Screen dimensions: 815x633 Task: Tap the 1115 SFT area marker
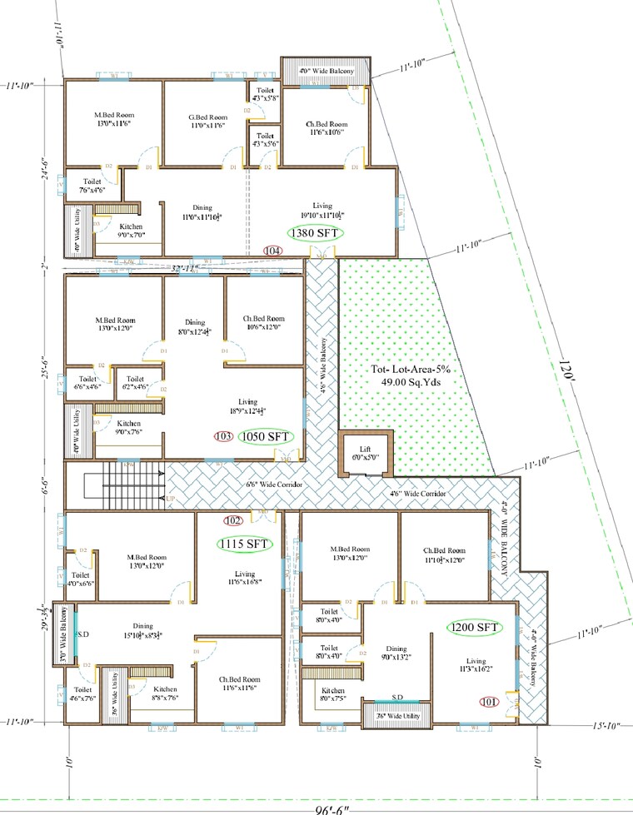[x=245, y=544]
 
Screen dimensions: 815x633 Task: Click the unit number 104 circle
[x=272, y=251]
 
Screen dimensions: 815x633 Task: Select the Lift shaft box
[x=365, y=455]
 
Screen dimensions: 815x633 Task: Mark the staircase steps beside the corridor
[x=132, y=487]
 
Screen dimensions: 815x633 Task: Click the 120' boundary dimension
[x=566, y=372]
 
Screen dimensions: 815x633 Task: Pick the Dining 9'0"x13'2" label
[x=396, y=653]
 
